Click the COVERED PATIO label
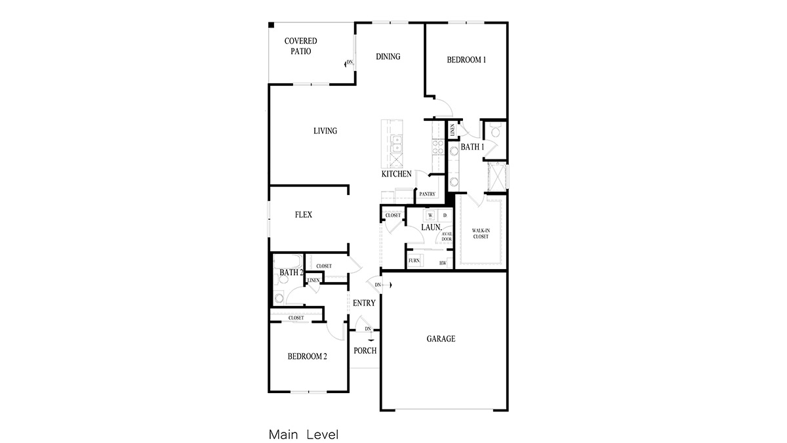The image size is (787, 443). click(300, 46)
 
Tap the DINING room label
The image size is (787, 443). click(388, 56)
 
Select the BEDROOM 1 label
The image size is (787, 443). click(466, 60)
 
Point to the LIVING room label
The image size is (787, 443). click(325, 131)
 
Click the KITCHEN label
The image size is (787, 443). click(397, 174)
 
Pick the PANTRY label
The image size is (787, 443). click(428, 194)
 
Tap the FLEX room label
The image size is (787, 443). click(303, 215)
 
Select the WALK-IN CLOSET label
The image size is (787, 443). click(481, 234)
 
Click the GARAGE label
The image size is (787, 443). click(441, 339)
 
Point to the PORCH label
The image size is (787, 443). click(365, 350)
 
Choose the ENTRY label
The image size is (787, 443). click(364, 303)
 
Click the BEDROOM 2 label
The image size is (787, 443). click(307, 357)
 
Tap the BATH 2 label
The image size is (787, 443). click(291, 272)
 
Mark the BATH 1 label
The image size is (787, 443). click(472, 147)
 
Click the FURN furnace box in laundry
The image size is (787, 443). click(414, 261)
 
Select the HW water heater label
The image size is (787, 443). click(443, 263)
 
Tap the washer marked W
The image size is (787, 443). click(430, 215)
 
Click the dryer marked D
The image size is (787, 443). click(444, 215)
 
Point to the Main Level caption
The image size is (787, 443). click(303, 434)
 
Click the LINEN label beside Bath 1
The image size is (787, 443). click(452, 130)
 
